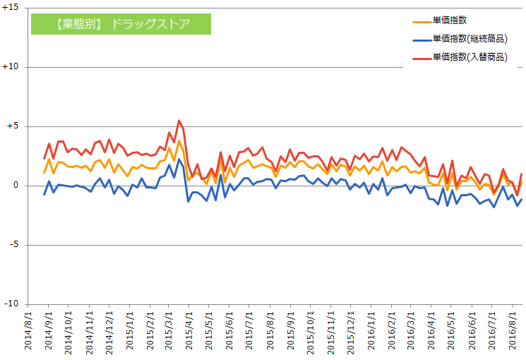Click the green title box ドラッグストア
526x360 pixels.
[x=121, y=23]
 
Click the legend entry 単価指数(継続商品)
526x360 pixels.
[x=470, y=39]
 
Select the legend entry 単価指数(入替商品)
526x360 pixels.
[x=470, y=57]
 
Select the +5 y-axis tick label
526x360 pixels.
[x=13, y=126]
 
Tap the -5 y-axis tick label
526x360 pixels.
[x=15, y=245]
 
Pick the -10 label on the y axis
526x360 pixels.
[x=13, y=304]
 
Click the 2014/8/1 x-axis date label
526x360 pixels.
[x=28, y=332]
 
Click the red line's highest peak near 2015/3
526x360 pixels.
[x=179, y=120]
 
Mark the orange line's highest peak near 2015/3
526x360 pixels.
[x=179, y=141]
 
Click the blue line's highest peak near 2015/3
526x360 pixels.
[x=179, y=160]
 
